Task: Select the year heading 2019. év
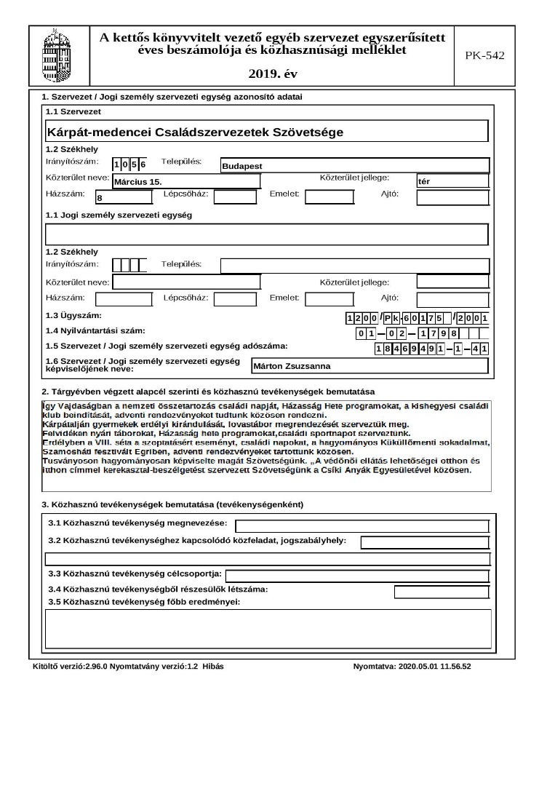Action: (x=272, y=74)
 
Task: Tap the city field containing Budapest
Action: (x=354, y=166)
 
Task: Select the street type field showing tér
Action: (x=452, y=181)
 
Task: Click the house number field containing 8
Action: (x=124, y=197)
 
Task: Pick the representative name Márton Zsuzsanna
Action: (x=369, y=366)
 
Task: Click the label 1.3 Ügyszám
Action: (x=73, y=316)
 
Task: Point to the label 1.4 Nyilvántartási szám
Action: (x=95, y=331)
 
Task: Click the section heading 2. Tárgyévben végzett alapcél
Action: (x=208, y=392)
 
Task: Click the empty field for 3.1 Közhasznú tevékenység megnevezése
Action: (x=362, y=526)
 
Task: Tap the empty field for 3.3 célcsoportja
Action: (x=356, y=576)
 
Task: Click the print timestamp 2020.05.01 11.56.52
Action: (x=435, y=667)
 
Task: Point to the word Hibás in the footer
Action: (x=212, y=667)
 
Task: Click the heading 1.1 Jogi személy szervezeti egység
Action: (x=119, y=215)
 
